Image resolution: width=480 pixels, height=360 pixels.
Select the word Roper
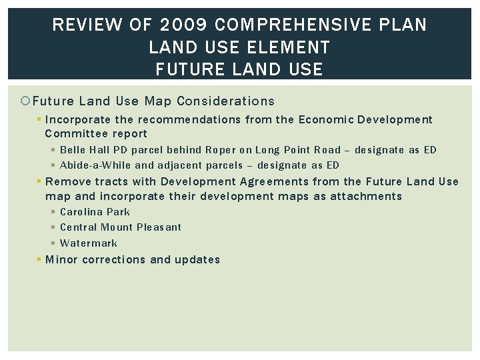point(220,150)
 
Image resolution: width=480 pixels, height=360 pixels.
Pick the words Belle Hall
point(85,150)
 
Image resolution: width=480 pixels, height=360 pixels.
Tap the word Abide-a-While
point(95,165)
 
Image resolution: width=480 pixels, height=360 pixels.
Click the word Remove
point(68,181)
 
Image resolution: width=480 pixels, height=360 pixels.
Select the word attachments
point(367,196)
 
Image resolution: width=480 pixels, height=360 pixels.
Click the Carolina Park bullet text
point(95,212)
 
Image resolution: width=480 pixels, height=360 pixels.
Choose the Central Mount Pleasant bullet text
point(120,227)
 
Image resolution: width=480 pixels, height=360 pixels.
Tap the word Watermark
point(88,243)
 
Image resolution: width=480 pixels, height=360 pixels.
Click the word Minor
point(61,259)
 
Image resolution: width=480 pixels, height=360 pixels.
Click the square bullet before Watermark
point(53,243)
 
